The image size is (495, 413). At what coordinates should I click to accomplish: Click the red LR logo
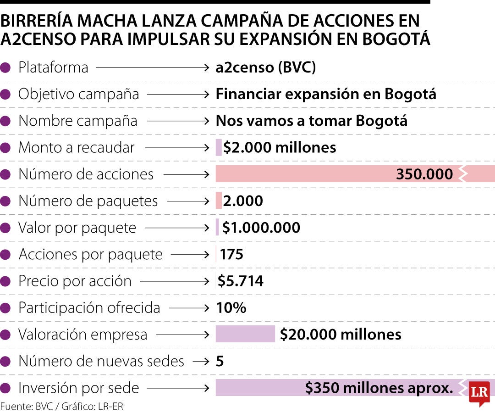[x=479, y=393]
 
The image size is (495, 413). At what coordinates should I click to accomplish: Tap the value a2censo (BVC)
[x=266, y=67]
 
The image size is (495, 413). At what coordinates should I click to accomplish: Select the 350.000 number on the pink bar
[x=424, y=174]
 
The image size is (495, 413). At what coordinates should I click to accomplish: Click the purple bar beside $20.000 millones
[x=245, y=334]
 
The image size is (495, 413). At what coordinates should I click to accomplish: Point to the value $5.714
[x=241, y=281]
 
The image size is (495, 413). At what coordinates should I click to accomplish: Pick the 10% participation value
[x=231, y=307]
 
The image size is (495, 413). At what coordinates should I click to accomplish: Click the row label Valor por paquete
[x=77, y=228]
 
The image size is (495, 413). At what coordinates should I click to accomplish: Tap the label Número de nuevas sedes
[x=101, y=361]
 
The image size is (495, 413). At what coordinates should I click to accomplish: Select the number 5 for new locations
[x=220, y=361]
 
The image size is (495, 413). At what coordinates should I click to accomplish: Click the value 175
[x=231, y=254]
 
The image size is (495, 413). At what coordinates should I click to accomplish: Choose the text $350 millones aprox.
[x=379, y=388]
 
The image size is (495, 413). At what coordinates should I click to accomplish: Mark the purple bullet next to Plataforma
[x=6, y=68]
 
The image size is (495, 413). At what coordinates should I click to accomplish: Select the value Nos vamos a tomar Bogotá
[x=312, y=121]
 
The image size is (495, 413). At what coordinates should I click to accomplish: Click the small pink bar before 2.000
[x=219, y=201]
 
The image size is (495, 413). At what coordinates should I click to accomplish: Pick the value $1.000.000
[x=261, y=228]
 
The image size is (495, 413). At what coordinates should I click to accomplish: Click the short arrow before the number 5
[x=201, y=361]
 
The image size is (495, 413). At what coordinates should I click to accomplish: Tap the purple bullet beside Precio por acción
[x=6, y=281]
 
